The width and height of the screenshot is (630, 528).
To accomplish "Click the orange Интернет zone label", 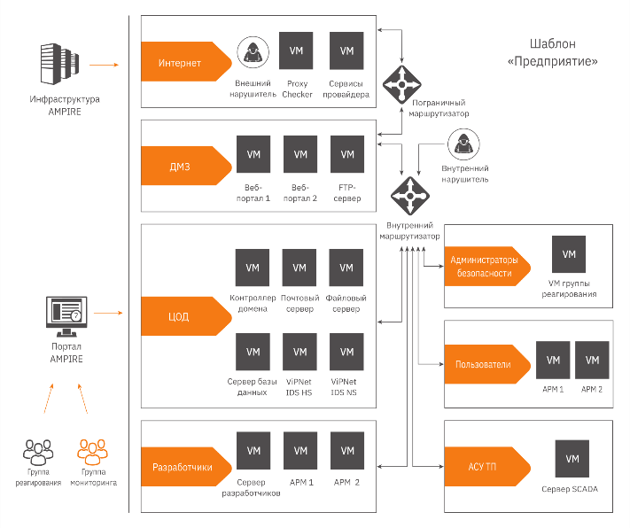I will [x=182, y=64].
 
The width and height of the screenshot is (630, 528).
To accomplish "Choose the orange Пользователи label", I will [x=483, y=365].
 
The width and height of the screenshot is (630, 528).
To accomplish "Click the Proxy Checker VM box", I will [x=297, y=51].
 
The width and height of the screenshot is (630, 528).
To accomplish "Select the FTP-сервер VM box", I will [x=346, y=154].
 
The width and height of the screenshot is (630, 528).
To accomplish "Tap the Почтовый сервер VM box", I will [x=299, y=268].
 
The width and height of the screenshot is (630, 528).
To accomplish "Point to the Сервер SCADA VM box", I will [x=572, y=459].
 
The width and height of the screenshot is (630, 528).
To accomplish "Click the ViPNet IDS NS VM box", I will [x=346, y=353].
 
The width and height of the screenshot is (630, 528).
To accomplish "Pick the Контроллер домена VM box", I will [x=253, y=268].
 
